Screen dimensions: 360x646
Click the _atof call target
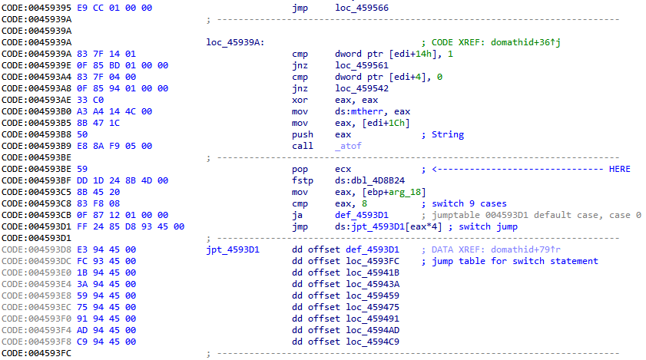[x=350, y=146]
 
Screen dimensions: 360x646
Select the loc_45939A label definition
[x=236, y=42]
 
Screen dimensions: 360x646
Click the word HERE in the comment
[x=618, y=169]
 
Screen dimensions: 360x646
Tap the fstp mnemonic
[x=303, y=180]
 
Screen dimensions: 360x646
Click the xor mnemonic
[x=300, y=100]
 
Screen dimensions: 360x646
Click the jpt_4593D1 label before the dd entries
[x=234, y=249]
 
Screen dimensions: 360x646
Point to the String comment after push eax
[x=447, y=134]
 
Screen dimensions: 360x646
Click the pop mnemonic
[x=300, y=169]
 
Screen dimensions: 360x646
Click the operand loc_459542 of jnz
[x=362, y=88]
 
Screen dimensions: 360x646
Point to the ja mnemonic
[x=297, y=215]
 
